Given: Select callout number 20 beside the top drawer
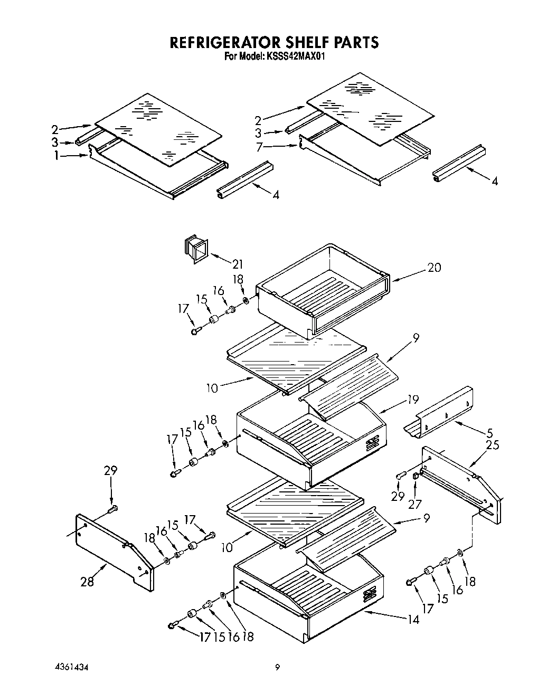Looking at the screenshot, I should pyautogui.click(x=434, y=268).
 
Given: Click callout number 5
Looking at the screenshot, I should pyautogui.click(x=490, y=434).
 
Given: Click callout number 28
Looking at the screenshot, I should pyautogui.click(x=87, y=582).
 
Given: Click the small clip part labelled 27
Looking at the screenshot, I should pyautogui.click(x=416, y=477).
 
